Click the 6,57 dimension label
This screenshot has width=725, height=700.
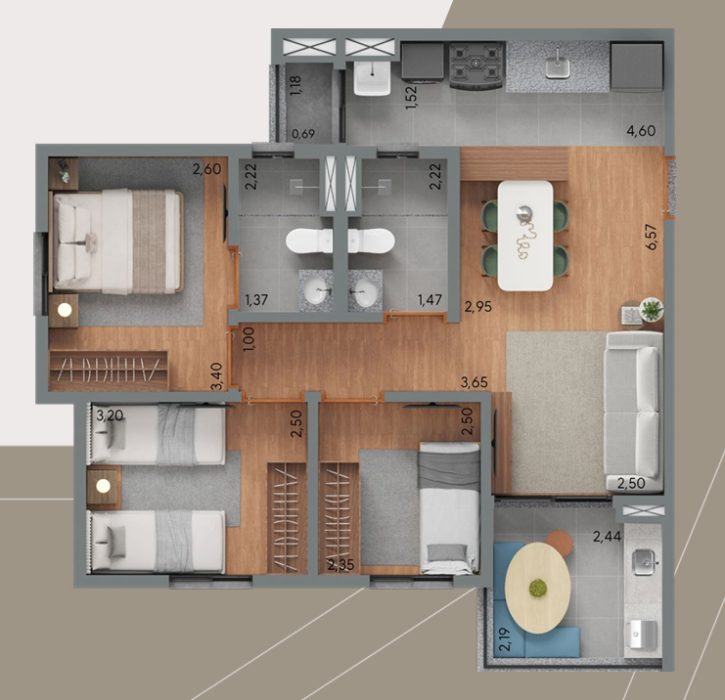tap(652, 237)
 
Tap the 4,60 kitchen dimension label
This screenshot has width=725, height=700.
tap(641, 131)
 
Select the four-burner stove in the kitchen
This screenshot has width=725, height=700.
tap(476, 66)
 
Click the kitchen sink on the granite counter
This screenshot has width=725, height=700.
tap(558, 67)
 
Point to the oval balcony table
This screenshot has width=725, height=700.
tap(537, 588)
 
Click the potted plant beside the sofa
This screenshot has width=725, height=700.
tap(652, 309)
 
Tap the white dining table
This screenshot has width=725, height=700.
tap(525, 236)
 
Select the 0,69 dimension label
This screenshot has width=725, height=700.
tap(303, 134)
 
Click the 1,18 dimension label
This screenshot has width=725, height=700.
tap(295, 85)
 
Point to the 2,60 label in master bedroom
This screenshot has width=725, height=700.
tap(206, 169)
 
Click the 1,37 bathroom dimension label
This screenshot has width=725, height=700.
tap(256, 300)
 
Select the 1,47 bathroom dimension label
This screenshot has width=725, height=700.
tap(430, 300)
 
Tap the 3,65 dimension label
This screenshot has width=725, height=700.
tap(475, 382)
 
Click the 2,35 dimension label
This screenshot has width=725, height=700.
tap(340, 565)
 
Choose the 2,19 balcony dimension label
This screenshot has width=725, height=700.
tap(505, 639)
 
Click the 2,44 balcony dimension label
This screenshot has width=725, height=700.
tap(607, 537)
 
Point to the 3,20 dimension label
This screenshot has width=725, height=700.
tap(110, 416)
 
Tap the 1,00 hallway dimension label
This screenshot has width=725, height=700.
tap(249, 339)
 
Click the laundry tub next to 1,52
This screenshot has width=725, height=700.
tap(372, 77)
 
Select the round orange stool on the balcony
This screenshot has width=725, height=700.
tap(560, 543)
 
